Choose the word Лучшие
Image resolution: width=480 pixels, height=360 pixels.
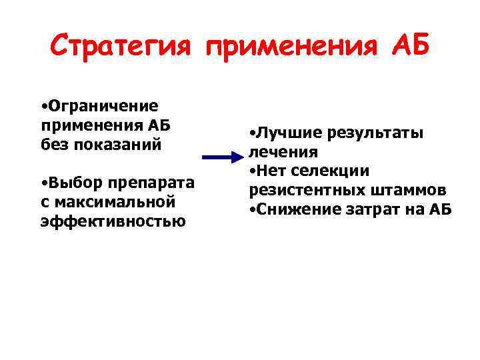pos(283,133)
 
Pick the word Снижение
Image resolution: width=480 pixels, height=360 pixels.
pos(294,209)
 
